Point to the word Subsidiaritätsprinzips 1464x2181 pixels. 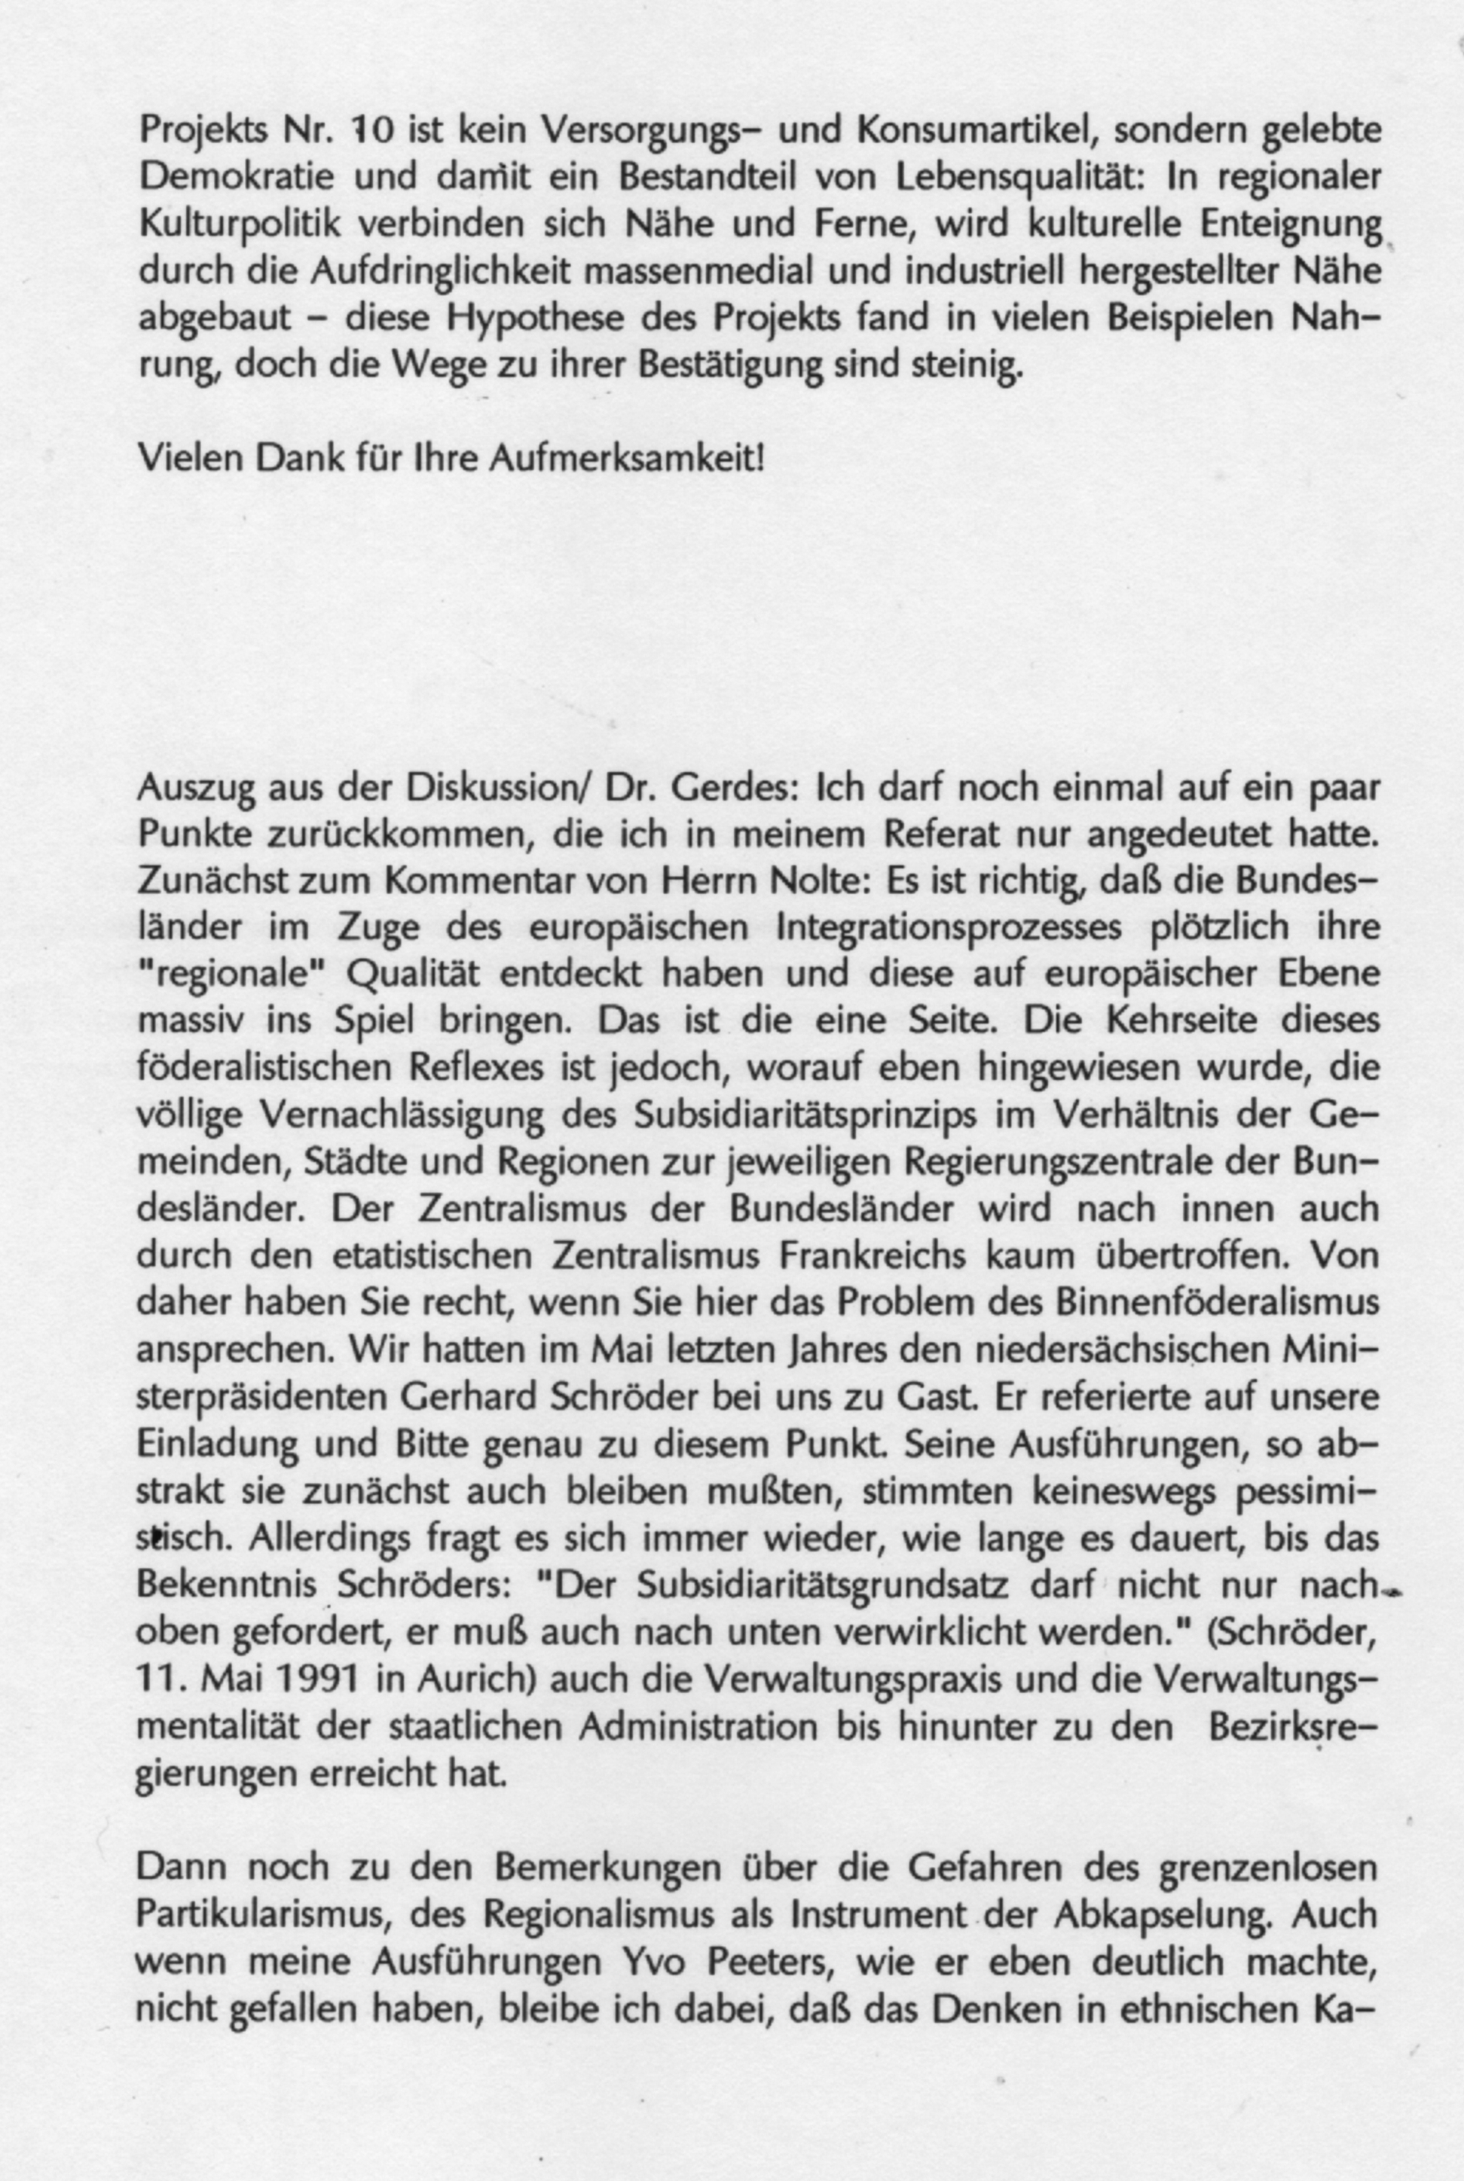pyautogui.click(x=803, y=1116)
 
